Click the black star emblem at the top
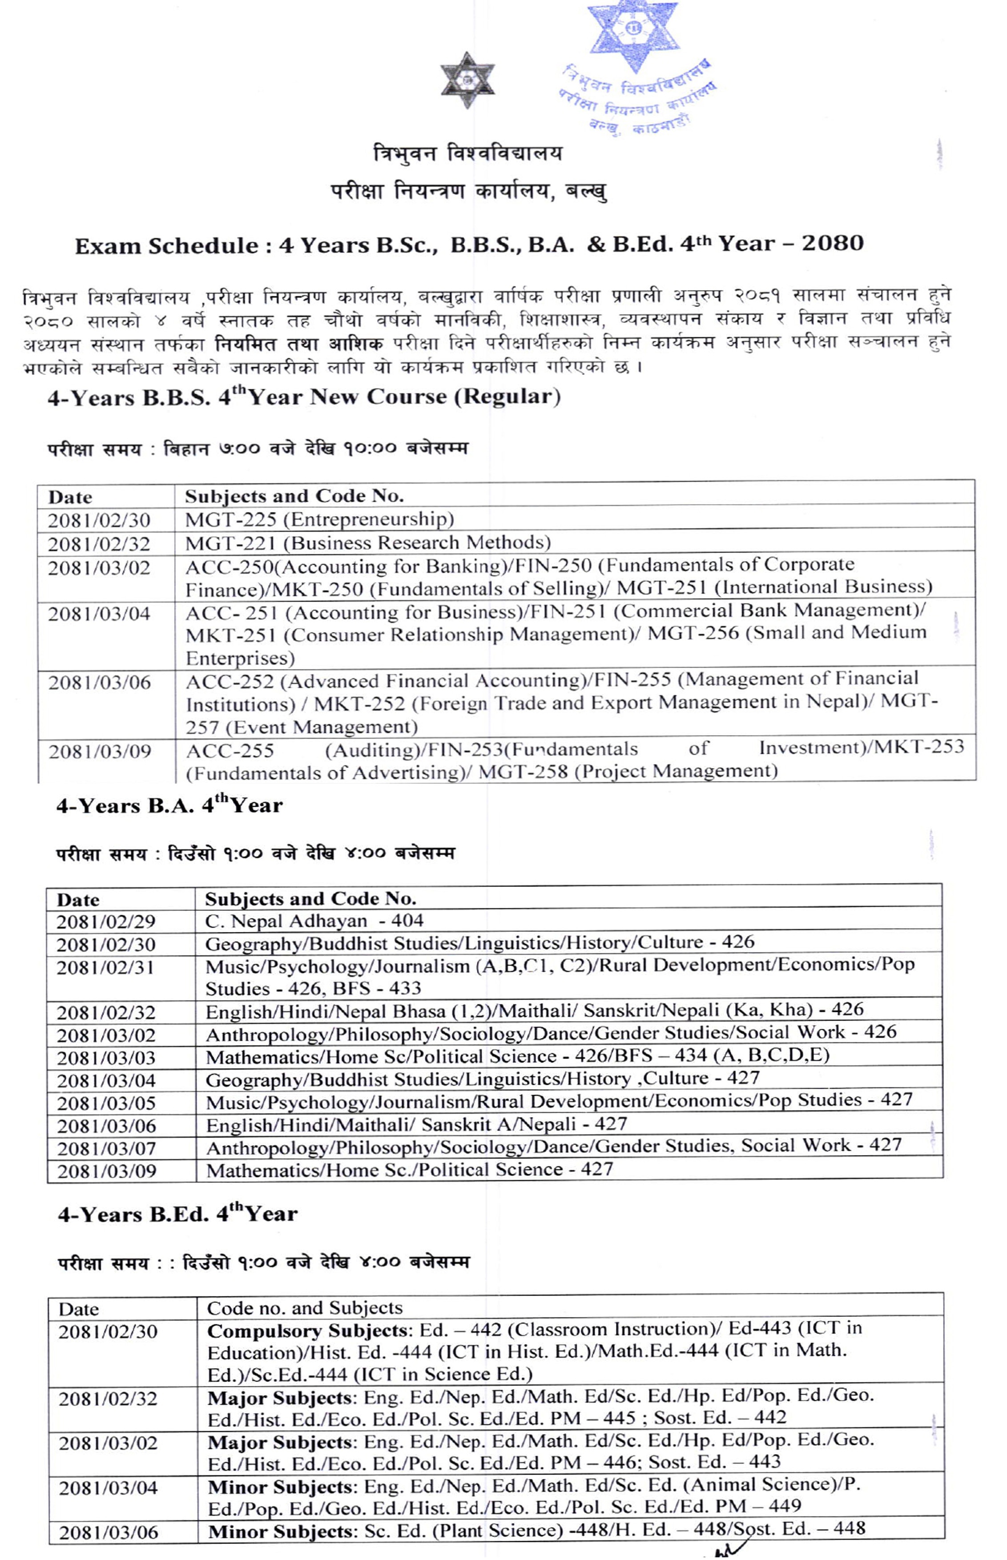tap(467, 80)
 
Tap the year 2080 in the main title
tap(832, 243)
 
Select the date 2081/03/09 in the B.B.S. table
tap(99, 752)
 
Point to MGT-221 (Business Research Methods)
tap(367, 543)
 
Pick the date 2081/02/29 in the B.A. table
tap(105, 921)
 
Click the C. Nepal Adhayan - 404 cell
tap(314, 921)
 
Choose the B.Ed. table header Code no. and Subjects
tap(304, 1308)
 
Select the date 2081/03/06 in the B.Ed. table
tap(108, 1532)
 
